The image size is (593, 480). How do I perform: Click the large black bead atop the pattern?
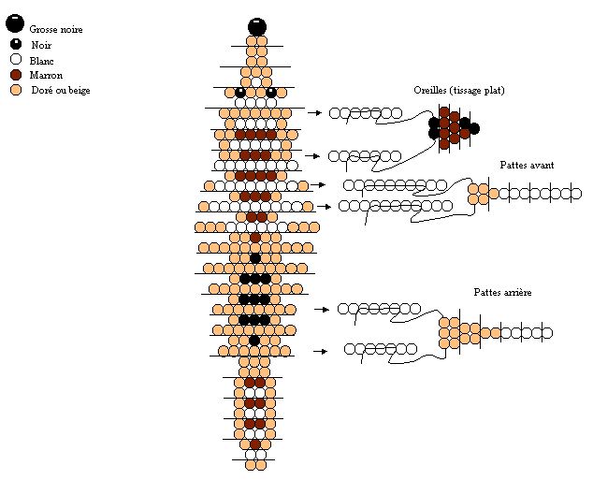tap(257, 27)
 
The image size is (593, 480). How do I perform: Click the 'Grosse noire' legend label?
tap(56, 29)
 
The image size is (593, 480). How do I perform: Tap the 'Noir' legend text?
tap(41, 45)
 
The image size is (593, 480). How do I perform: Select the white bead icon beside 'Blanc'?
tap(16, 59)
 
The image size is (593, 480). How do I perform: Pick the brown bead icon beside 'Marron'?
tap(16, 75)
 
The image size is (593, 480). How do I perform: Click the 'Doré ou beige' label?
tap(61, 90)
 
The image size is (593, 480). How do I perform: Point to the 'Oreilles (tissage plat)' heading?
tap(459, 90)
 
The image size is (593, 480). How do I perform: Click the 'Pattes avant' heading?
tap(527, 165)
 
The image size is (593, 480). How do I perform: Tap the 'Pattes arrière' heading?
tap(502, 292)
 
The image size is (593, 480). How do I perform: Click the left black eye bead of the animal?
tap(240, 93)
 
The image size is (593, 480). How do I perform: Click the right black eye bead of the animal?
tap(271, 93)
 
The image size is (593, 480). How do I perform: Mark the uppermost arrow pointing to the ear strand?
tap(314, 112)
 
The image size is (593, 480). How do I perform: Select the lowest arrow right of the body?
tap(320, 352)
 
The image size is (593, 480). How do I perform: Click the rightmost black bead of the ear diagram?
tap(474, 128)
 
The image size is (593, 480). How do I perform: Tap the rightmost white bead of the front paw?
tap(575, 194)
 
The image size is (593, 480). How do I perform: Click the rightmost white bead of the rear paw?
tap(547, 333)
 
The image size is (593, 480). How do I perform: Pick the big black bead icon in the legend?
tap(15, 23)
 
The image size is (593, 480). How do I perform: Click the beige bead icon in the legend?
tap(16, 90)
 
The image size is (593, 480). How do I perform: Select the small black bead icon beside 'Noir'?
tap(16, 44)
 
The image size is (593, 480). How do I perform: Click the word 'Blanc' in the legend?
tap(41, 61)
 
